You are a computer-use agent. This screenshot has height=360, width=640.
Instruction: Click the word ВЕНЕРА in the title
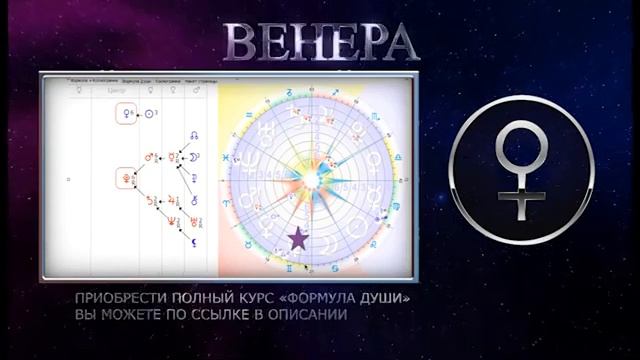point(320,41)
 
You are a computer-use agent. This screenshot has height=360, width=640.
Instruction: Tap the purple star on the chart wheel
point(297,239)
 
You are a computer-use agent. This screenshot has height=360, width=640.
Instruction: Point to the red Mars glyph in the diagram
point(151,157)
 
